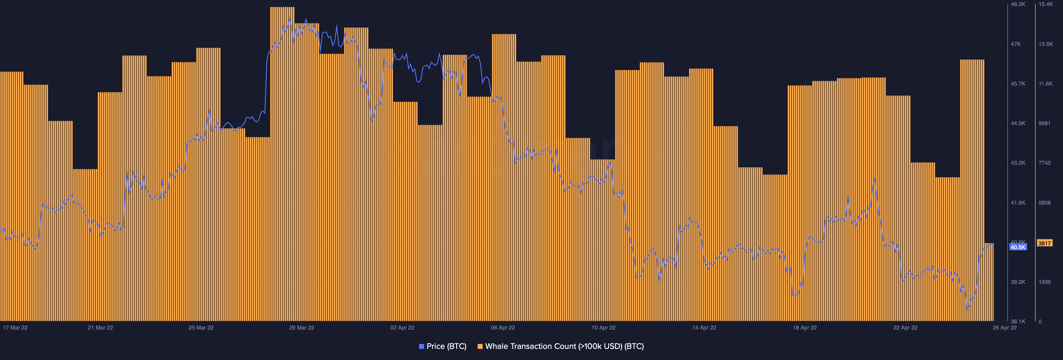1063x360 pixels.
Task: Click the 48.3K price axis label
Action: click(1018, 4)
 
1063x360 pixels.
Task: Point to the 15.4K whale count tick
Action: click(1046, 4)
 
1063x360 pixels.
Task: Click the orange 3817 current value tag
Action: click(1044, 243)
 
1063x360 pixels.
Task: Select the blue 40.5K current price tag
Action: click(1018, 247)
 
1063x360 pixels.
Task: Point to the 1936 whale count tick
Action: click(1044, 282)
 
